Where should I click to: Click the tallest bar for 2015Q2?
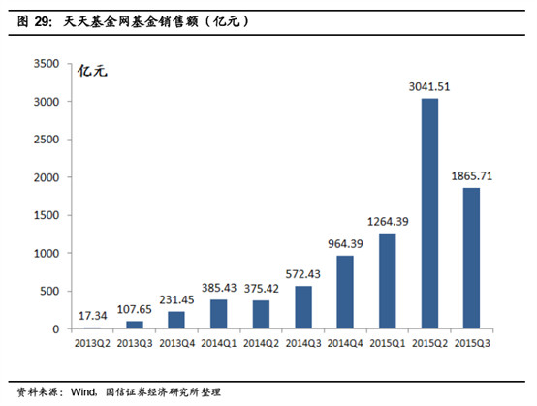tap(429, 213)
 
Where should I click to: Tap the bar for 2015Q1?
tap(386, 281)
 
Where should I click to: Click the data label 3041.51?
tap(429, 86)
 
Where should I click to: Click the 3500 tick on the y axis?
tap(47, 64)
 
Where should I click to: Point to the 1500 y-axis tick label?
tap(47, 215)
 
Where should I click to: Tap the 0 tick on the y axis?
tap(56, 329)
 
